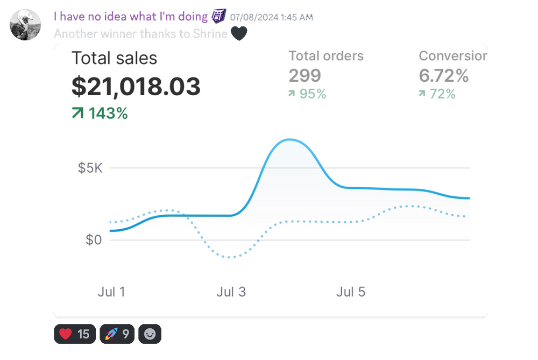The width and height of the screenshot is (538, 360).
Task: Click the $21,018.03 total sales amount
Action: pos(136,87)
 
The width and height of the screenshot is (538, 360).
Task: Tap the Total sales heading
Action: pos(115,58)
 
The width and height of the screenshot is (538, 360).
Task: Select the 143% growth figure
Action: pos(100,114)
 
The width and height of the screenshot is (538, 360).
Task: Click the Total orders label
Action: pos(326,56)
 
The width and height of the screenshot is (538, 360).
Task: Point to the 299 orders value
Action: pos(305,75)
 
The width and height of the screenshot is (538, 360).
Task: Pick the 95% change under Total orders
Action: pos(308,94)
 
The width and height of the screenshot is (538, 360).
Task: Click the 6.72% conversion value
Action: pos(444,76)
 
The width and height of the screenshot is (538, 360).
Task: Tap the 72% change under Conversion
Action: pos(437,94)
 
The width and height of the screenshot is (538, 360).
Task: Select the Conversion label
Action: pos(452,56)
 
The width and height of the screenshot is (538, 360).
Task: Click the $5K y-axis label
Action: pos(90,168)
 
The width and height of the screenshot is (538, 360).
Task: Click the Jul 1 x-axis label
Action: pos(111,292)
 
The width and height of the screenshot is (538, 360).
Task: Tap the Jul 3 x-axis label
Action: pos(231,292)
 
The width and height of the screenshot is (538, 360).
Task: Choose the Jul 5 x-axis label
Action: pos(351,292)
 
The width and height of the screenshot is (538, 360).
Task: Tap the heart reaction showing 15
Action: pos(74,334)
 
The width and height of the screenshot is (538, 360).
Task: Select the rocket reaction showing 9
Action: pos(117,334)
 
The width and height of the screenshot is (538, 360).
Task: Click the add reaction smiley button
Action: pos(150,334)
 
